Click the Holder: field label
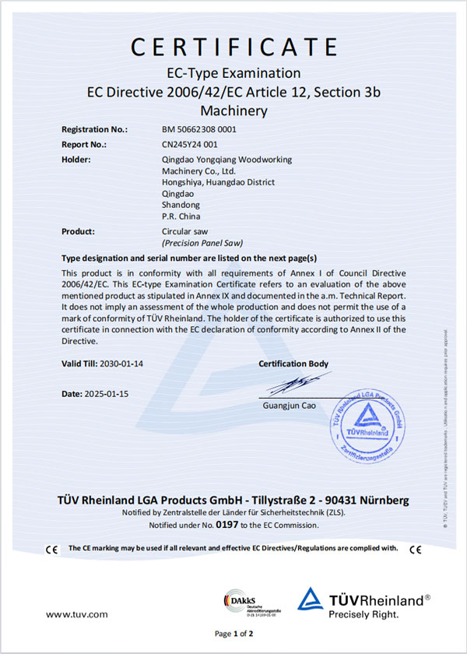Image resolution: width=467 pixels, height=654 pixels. [x=76, y=160]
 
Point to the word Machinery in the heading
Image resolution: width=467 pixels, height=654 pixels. [x=233, y=111]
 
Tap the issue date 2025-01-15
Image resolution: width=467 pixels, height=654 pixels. [x=105, y=393]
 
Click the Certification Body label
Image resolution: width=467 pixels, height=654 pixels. [x=293, y=364]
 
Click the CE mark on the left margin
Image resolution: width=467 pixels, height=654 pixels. [x=52, y=550]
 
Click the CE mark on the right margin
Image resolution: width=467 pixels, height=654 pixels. [x=416, y=550]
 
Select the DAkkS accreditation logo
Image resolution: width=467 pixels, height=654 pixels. [x=245, y=601]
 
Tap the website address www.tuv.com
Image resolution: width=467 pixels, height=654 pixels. [x=77, y=615]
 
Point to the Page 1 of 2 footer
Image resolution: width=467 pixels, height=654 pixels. [x=233, y=635]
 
